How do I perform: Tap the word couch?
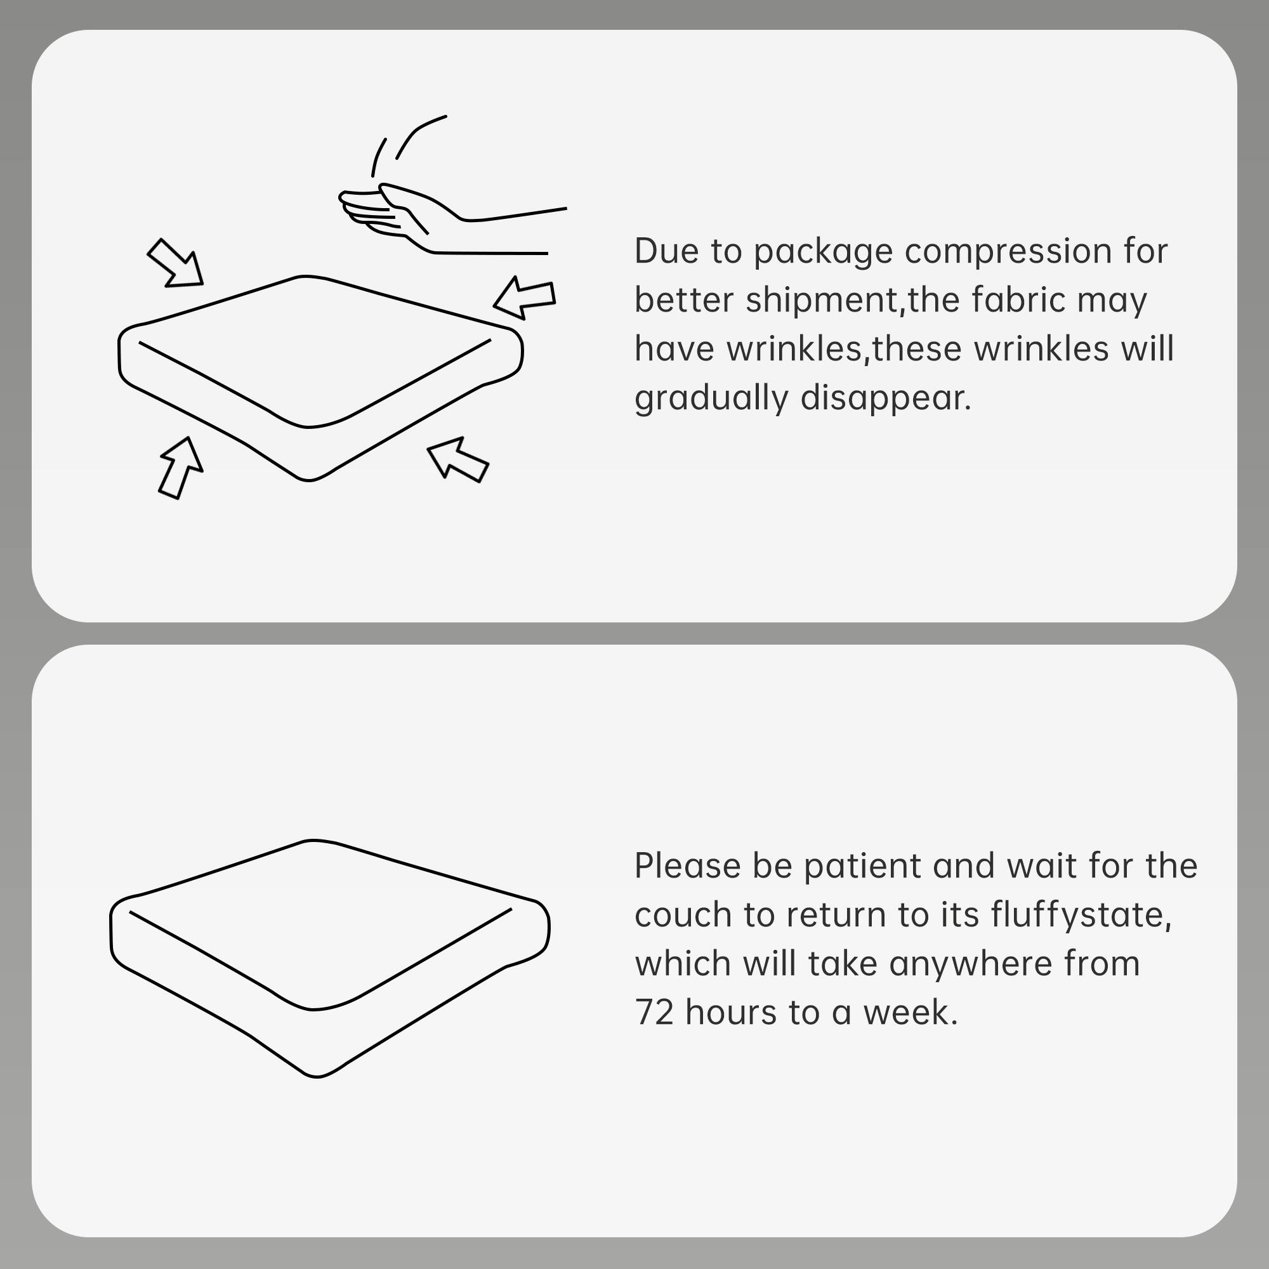click(683, 915)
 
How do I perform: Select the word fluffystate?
click(1081, 915)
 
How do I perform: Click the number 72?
click(655, 1012)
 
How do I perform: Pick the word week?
click(910, 1012)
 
